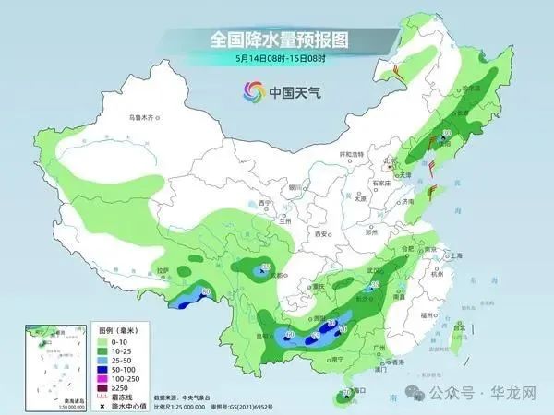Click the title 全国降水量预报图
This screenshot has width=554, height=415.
click(276, 41)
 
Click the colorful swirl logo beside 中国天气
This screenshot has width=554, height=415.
click(251, 92)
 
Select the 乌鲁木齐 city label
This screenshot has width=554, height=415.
click(145, 118)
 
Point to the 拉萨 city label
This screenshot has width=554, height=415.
click(163, 270)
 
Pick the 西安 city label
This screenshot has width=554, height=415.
click(321, 234)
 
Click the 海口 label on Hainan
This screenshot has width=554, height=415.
click(361, 391)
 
